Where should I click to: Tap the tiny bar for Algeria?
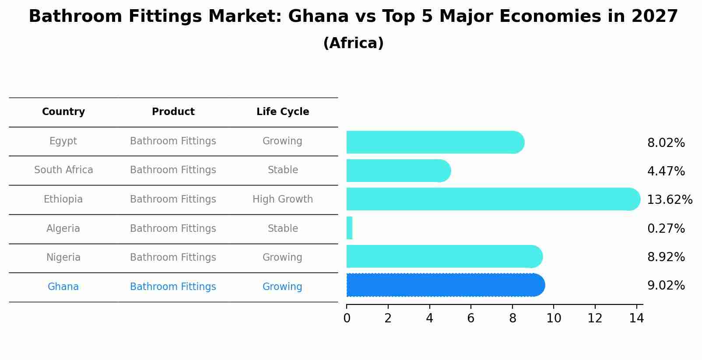349,228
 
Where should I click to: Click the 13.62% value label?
669,200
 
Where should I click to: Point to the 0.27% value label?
666,228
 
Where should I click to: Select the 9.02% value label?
666,286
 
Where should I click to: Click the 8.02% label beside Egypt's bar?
666,143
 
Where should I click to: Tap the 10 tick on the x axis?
554,318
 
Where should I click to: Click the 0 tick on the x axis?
347,318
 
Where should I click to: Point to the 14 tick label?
636,318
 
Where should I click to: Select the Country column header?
63,112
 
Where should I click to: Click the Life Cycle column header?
283,112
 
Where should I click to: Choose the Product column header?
173,112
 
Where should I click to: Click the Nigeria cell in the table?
63,258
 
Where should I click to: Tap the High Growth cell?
283,199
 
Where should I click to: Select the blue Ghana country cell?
63,287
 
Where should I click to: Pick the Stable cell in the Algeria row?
283,229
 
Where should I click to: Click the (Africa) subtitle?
353,43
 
